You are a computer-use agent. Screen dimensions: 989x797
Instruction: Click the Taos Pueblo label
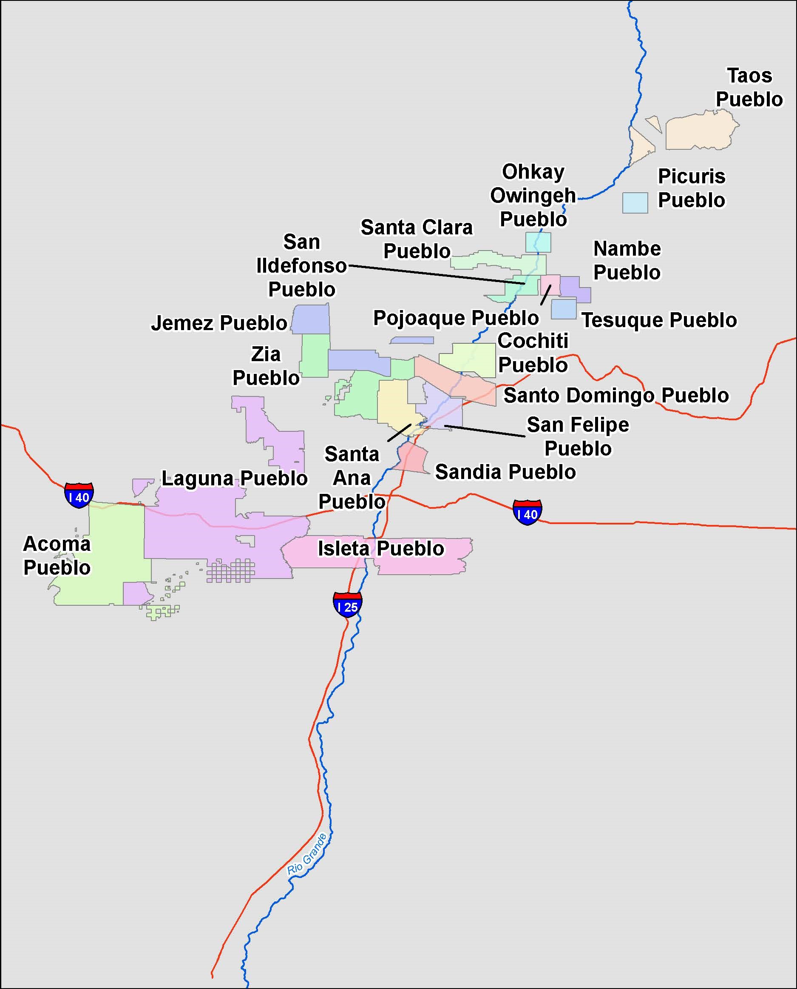[749, 87]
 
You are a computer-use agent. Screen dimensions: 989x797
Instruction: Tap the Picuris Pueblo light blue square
[635, 202]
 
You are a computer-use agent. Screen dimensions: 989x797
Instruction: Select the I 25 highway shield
[348, 604]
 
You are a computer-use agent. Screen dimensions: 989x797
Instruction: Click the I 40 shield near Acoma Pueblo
[79, 495]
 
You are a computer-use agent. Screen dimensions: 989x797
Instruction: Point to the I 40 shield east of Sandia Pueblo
[527, 512]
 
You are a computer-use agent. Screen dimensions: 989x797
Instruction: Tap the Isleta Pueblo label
[380, 548]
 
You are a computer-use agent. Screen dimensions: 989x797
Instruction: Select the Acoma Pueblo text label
[57, 556]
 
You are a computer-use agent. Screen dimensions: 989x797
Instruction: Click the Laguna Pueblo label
[234, 478]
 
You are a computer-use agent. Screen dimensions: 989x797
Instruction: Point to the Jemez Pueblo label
[219, 323]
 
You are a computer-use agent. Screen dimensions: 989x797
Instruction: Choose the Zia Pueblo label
[266, 366]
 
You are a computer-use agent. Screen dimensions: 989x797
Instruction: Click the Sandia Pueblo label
[505, 472]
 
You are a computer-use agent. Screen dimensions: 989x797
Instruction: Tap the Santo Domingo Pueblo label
[615, 395]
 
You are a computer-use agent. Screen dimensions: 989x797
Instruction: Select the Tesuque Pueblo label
[659, 320]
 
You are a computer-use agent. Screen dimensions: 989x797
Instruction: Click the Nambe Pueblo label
[627, 260]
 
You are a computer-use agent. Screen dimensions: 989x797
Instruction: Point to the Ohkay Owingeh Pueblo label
[533, 195]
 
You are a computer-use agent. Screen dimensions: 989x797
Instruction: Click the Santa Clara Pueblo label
[417, 239]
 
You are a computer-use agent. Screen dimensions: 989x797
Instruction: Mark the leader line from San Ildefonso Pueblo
[436, 275]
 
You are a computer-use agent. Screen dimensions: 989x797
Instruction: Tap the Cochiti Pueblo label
[533, 353]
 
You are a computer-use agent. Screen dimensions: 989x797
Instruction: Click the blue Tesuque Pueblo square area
[563, 309]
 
